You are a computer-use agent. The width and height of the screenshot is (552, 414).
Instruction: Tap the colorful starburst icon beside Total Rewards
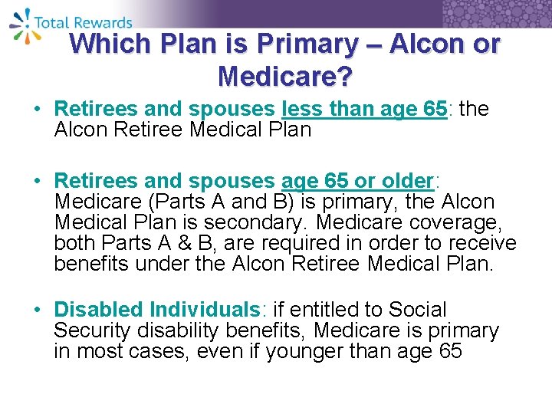tap(21, 22)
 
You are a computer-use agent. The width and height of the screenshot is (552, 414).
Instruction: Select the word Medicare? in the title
tap(284, 76)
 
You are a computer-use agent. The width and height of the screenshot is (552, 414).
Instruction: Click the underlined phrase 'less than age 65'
tap(365, 110)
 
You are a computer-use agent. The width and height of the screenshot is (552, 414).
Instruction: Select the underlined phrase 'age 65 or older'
tap(357, 182)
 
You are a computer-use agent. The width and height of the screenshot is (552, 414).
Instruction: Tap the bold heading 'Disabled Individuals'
tap(157, 310)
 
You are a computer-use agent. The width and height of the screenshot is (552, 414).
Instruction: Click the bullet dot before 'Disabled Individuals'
tap(39, 310)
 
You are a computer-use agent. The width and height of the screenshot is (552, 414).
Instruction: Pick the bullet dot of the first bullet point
tap(39, 110)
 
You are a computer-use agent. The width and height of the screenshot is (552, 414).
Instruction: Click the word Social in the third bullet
tap(418, 310)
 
